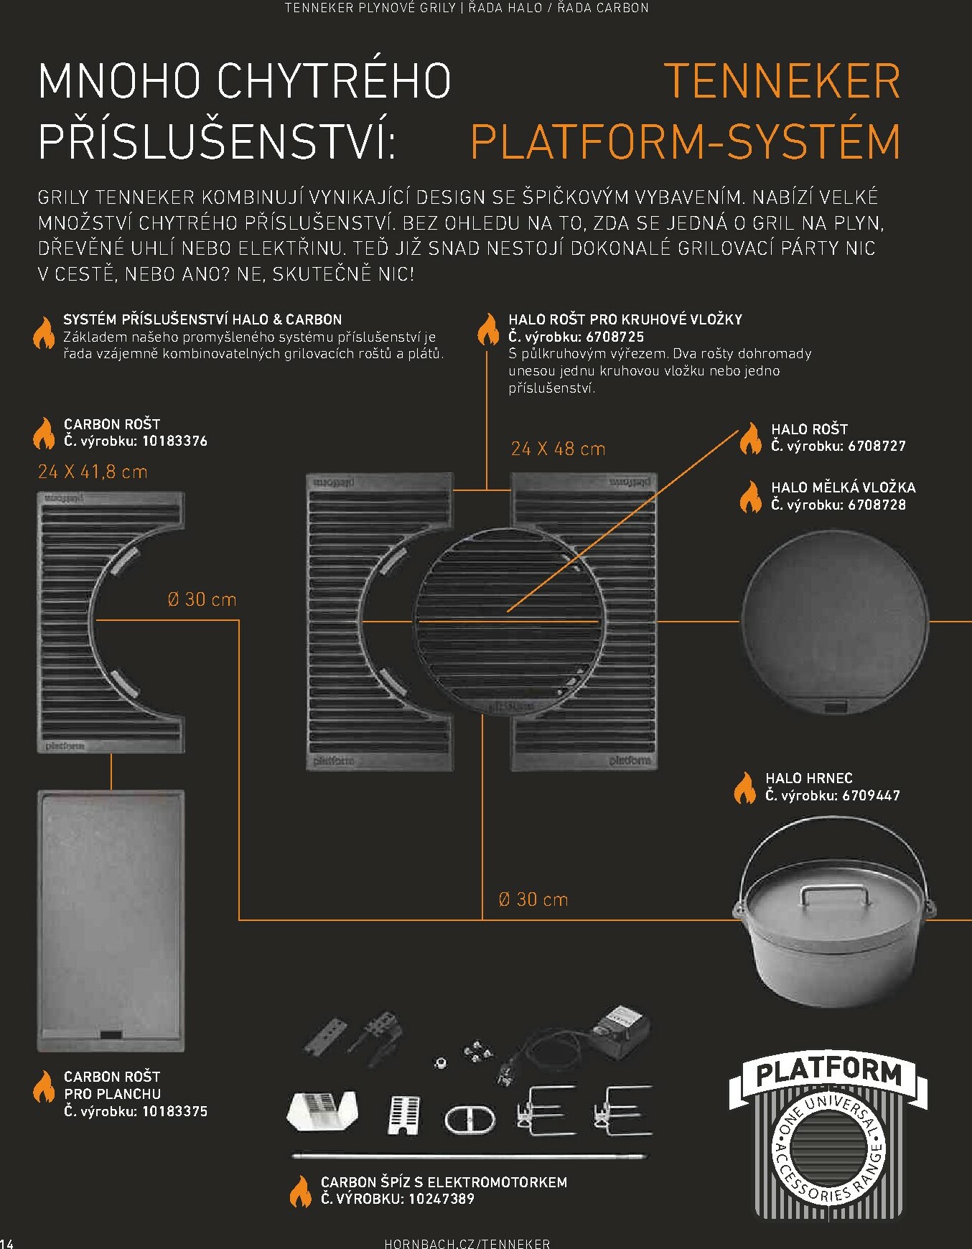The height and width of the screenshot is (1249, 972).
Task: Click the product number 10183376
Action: tap(174, 441)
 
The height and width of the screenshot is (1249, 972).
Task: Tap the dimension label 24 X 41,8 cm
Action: tap(93, 472)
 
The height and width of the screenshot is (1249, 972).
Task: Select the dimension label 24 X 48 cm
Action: tap(558, 449)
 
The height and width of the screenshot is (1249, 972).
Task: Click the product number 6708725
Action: tap(615, 337)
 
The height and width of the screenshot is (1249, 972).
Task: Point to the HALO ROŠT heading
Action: tap(810, 429)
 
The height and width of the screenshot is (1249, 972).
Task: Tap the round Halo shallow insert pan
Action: tap(834, 622)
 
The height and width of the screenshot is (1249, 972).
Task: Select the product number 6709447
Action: tap(871, 795)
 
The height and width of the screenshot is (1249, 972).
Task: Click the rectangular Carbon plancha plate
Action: tap(111, 921)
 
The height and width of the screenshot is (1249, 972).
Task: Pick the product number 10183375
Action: tap(174, 1111)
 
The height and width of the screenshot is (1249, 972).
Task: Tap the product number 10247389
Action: tap(441, 1198)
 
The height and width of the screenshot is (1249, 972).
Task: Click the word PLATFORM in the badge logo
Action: tap(829, 1072)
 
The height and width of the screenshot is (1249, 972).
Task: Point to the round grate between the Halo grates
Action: tap(508, 621)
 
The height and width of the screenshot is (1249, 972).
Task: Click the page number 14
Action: tap(6, 1243)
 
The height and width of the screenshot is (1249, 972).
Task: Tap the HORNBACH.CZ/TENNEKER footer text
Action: tap(467, 1243)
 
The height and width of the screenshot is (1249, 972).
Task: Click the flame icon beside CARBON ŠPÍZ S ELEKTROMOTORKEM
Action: tap(301, 1191)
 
